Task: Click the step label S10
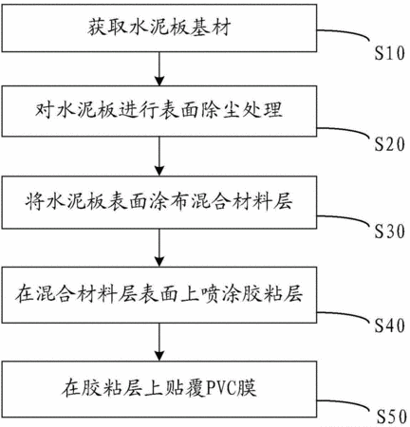coord(390,53)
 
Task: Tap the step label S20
coord(390,144)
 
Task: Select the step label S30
coord(390,232)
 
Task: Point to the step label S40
coord(390,325)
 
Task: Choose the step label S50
coord(392,417)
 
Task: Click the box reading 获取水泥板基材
coord(159,28)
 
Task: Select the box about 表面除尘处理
coord(159,111)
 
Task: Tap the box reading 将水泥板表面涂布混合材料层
coord(159,202)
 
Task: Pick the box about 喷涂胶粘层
coord(159,295)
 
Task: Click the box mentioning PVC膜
coord(159,389)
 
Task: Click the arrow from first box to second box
coord(159,68)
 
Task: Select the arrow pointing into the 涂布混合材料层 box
coord(159,157)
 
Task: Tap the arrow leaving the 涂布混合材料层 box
coord(159,248)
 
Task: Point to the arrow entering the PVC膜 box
coord(159,342)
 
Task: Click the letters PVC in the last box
coord(220,389)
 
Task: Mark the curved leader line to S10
coord(345,31)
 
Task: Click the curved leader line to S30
coord(345,217)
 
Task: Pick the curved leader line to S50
coord(345,402)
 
